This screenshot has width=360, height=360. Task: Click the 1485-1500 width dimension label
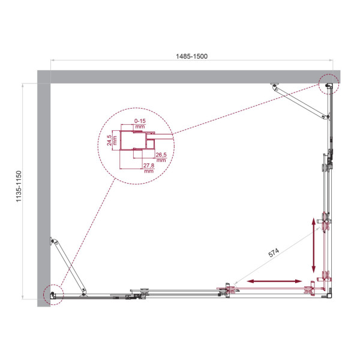[x=193, y=56]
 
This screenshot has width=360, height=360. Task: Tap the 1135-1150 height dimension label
[x=19, y=191]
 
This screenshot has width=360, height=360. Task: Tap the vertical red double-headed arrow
[x=313, y=244]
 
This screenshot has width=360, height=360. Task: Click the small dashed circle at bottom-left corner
[x=53, y=294]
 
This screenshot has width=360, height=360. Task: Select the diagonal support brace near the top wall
[x=302, y=100]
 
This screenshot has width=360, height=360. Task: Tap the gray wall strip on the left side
[x=44, y=192]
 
